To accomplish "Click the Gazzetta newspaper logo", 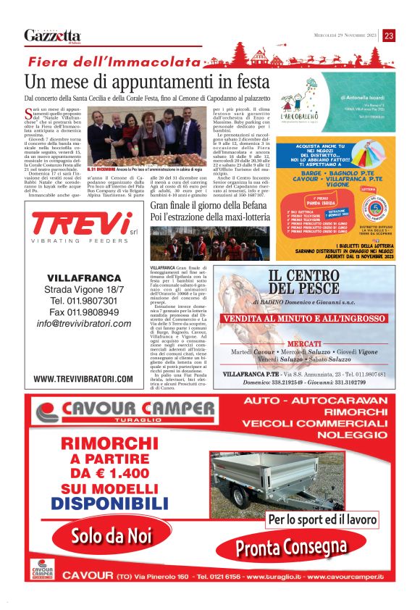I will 52,35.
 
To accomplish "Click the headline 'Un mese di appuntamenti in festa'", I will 143,81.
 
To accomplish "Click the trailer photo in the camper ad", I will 278,479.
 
